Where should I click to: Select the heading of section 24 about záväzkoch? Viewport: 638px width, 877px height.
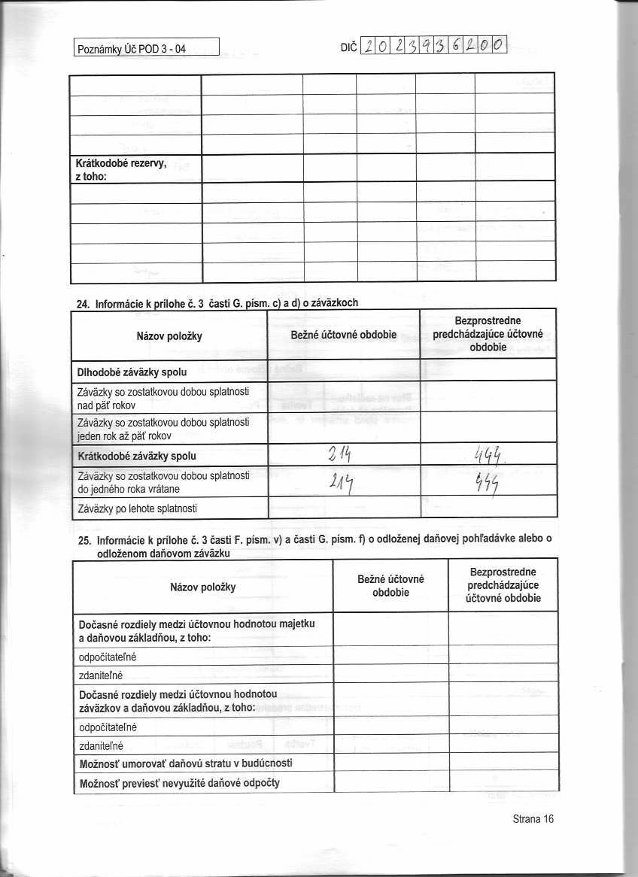tap(218, 303)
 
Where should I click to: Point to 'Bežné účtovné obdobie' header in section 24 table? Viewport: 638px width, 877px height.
tap(343, 334)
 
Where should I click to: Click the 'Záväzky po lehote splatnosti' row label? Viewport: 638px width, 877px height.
tap(137, 508)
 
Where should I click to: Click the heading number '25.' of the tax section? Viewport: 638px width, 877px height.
tap(85, 539)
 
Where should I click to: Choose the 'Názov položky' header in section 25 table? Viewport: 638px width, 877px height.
tap(203, 586)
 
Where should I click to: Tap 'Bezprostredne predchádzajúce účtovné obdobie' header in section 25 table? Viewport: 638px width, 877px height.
tap(503, 585)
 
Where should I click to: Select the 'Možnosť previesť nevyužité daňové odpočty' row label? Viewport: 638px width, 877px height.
tap(180, 782)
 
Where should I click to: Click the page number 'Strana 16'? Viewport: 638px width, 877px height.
tap(533, 819)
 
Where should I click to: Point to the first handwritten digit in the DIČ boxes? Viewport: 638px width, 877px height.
tap(369, 47)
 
